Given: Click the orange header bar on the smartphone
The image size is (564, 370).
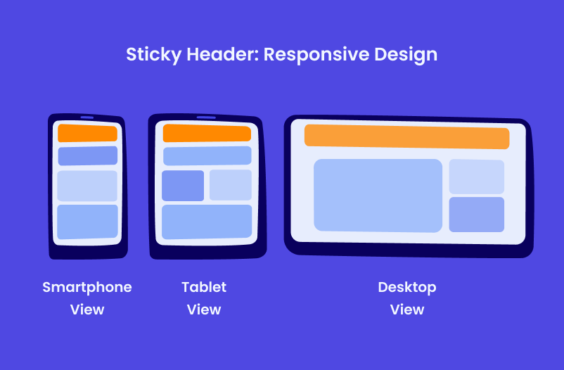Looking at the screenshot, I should [x=87, y=133].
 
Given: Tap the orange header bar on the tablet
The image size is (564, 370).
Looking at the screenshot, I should [x=207, y=133].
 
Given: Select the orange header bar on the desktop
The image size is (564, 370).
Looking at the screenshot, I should [x=406, y=137].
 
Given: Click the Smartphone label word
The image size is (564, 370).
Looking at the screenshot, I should [x=87, y=287].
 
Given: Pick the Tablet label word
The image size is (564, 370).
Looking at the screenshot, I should [x=204, y=287].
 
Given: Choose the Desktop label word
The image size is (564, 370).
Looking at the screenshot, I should [x=407, y=287].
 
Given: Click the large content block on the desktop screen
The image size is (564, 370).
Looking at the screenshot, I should [x=378, y=195].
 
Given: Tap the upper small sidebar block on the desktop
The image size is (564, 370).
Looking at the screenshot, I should [x=476, y=177].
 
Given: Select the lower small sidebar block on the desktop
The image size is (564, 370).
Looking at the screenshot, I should [x=476, y=215].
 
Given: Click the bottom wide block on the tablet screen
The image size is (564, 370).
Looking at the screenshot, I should [x=207, y=222].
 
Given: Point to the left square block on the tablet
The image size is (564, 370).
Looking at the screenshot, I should [x=183, y=186].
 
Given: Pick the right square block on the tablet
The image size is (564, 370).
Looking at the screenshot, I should [x=230, y=185].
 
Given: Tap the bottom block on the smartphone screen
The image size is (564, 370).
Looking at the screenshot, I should [x=87, y=222].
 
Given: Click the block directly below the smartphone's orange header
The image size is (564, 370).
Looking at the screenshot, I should [x=87, y=155].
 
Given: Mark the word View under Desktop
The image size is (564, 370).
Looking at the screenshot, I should [x=407, y=310].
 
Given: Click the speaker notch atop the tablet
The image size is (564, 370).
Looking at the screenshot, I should [x=206, y=117].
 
